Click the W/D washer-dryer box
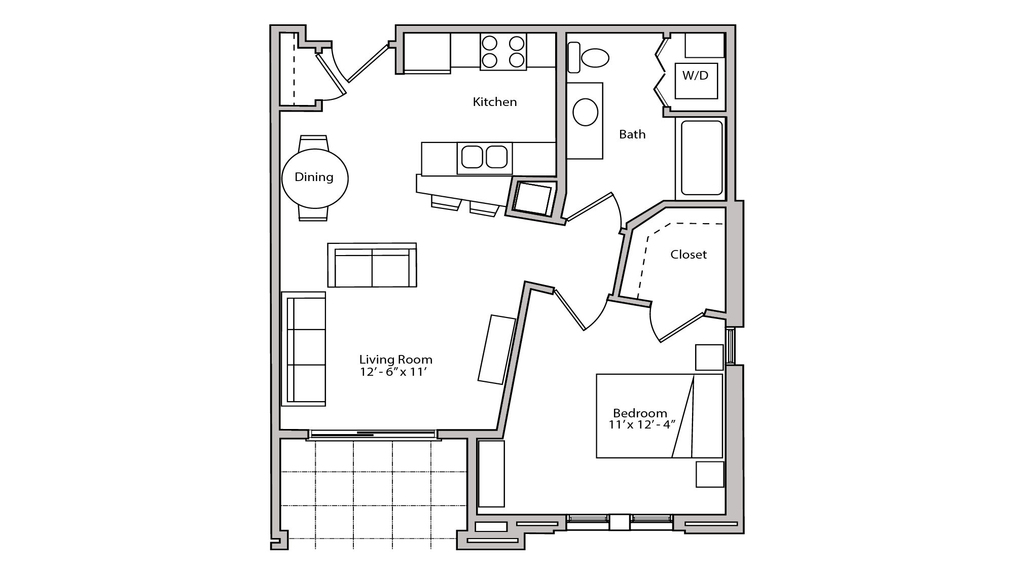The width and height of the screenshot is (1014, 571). [696, 80]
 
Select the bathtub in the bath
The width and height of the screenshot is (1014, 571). [701, 158]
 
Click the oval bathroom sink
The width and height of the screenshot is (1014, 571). [585, 112]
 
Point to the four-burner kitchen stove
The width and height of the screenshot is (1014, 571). [503, 51]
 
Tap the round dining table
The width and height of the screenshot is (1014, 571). [314, 178]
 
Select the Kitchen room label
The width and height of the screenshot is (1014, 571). [494, 102]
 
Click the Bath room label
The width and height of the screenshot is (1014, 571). [632, 134]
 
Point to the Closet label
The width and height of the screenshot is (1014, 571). [688, 255]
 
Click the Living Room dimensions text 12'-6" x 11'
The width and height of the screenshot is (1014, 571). [395, 372]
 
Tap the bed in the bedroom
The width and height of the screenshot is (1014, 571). [659, 416]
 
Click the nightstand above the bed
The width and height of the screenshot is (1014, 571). [709, 358]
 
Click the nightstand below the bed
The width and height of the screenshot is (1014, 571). [709, 474]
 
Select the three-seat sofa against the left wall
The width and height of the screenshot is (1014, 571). [303, 348]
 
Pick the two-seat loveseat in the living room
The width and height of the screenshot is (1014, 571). [372, 265]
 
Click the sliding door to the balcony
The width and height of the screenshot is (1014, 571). [373, 434]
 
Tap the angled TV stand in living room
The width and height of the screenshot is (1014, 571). [497, 349]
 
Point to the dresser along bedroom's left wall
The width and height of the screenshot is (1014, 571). [491, 474]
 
